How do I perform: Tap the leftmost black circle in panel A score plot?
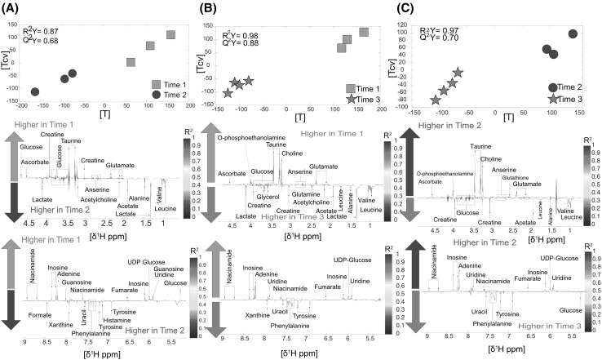pyautogui.click(x=34, y=92)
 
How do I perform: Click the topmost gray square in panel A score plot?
pyautogui.click(x=171, y=35)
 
